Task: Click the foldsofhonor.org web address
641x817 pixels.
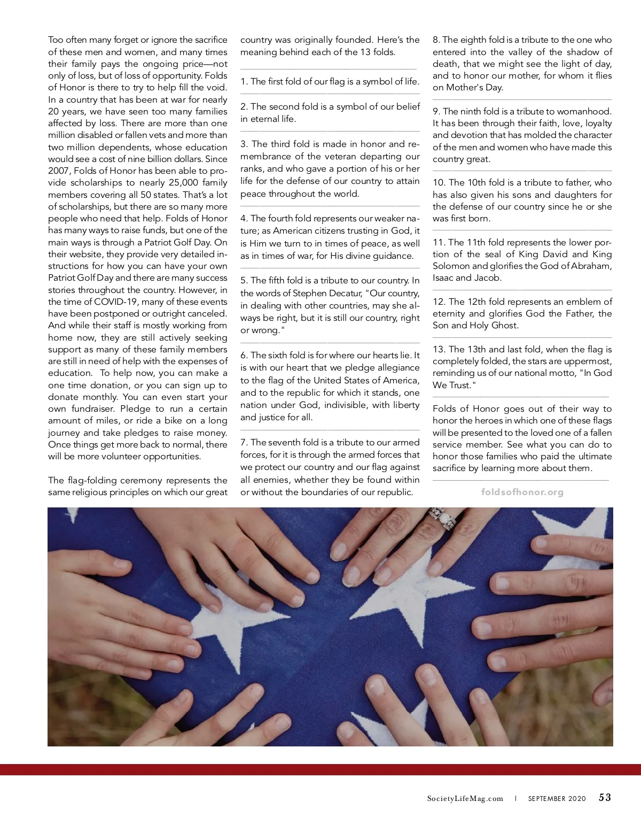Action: pos(522,492)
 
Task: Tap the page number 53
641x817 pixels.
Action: pos(605,798)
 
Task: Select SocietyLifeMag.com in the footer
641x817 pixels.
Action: pos(465,799)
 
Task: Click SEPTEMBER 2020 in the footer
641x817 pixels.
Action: pos(557,799)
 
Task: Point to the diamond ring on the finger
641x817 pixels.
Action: pos(443,518)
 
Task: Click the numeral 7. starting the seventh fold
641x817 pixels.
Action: pos(244,443)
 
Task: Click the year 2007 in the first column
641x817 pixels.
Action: pos(59,171)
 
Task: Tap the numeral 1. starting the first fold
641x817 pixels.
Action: pos(244,82)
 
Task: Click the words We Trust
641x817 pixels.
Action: pos(452,386)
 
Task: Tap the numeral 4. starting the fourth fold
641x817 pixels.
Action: pos(244,219)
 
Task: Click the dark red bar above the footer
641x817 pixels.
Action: pos(320,769)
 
